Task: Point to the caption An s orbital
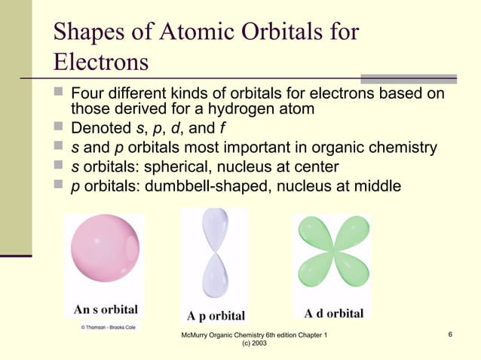pos(105,310)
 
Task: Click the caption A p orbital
pos(216,315)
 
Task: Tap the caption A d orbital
pos(333,313)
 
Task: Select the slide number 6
pos(449,334)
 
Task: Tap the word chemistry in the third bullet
pos(400,146)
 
